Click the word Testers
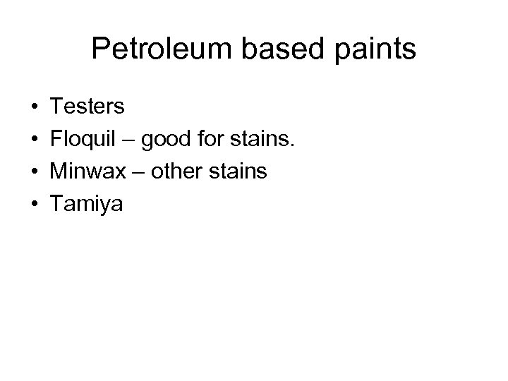tap(87, 107)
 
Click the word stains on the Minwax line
tap(240, 171)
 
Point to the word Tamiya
tap(86, 205)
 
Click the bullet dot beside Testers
tap(34, 107)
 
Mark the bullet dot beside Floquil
tap(34, 140)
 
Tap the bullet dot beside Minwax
tap(34, 172)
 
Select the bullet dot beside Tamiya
tap(34, 205)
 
